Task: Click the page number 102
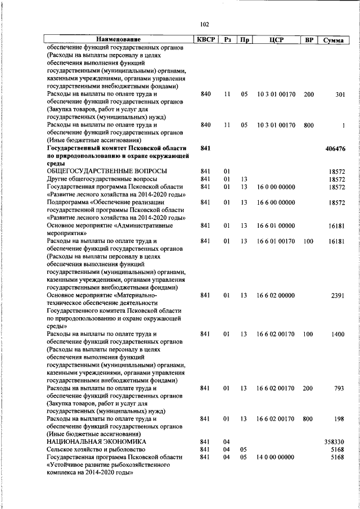pyautogui.click(x=204, y=24)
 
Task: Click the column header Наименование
pyautogui.click(x=118, y=40)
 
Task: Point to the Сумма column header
pyautogui.click(x=334, y=40)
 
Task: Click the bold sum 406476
pyautogui.click(x=335, y=148)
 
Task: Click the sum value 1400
pyautogui.click(x=337, y=335)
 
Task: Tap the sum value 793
pyautogui.click(x=339, y=389)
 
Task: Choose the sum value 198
pyautogui.click(x=339, y=419)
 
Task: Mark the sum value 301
pyautogui.click(x=340, y=94)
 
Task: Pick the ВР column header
pyautogui.click(x=309, y=40)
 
